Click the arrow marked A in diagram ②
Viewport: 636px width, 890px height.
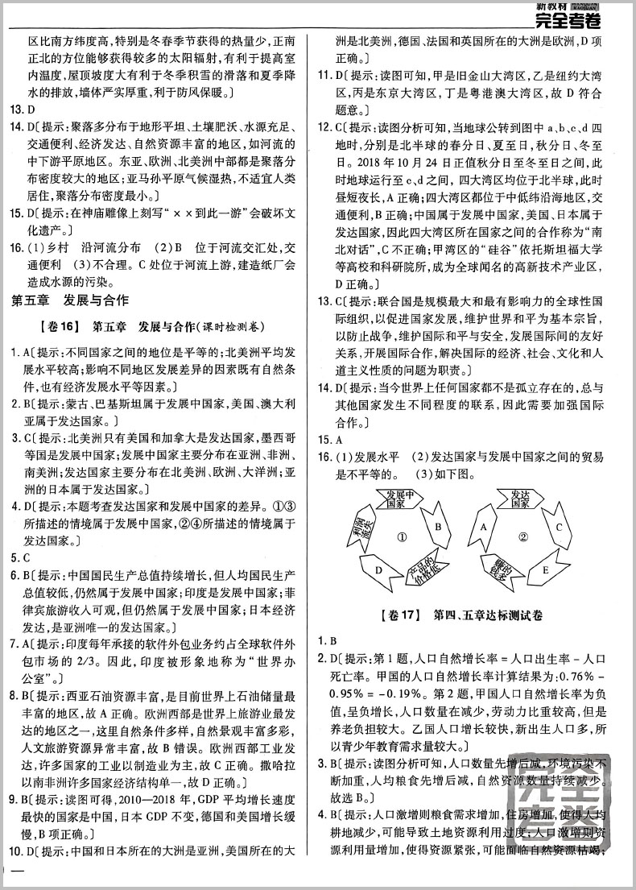(x=484, y=528)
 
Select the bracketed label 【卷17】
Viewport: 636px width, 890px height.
(x=398, y=615)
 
